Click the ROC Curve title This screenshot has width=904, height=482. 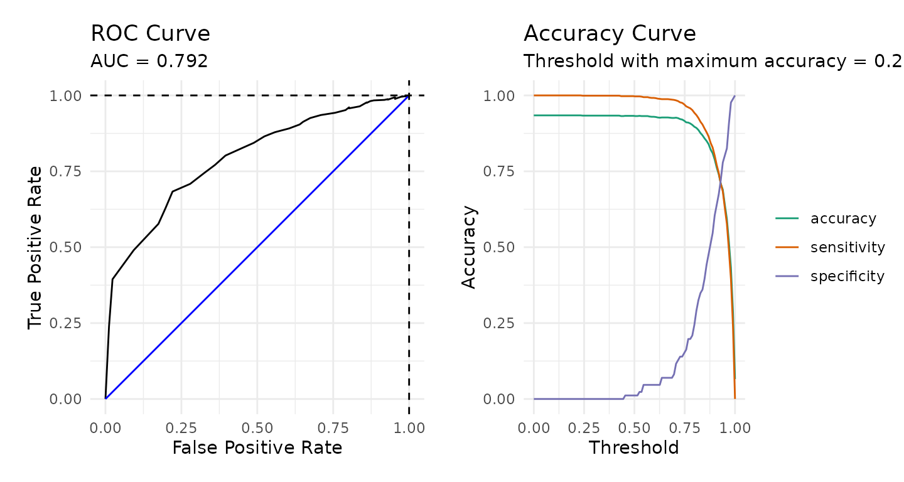coord(150,34)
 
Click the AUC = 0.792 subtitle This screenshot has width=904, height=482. coord(149,61)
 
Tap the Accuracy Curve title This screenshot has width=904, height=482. coord(610,34)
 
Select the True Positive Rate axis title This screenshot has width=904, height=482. coord(36,247)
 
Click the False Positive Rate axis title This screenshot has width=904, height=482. coord(257,447)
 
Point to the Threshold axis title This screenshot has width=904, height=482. coord(633,447)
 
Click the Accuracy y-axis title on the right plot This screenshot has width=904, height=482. coord(469,247)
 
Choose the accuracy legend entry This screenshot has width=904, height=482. coord(843,218)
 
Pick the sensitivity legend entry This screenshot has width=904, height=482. coord(847,247)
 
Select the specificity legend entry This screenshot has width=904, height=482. coord(847,276)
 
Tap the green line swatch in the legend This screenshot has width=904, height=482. coord(787,218)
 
